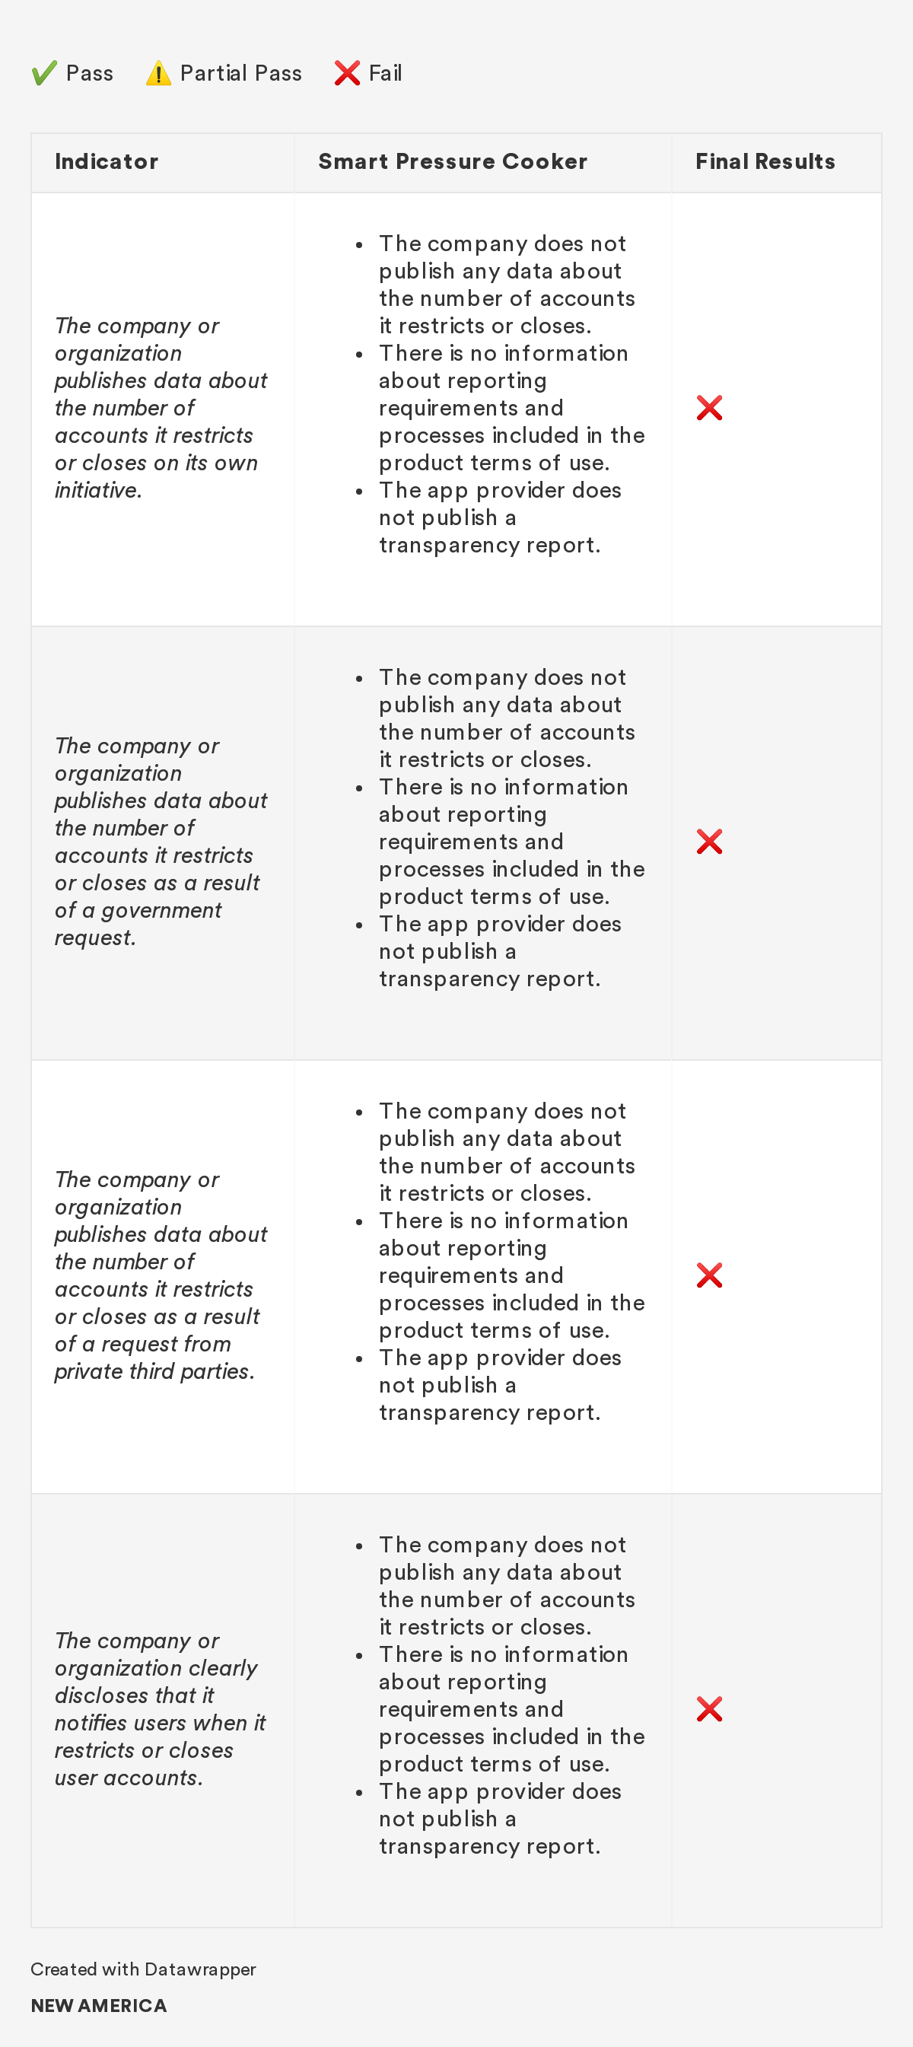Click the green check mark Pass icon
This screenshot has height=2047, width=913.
43,73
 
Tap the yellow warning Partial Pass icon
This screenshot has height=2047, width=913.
158,73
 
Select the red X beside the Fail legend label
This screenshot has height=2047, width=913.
346,73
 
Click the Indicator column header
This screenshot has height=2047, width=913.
107,161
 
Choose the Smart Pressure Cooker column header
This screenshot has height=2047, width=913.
452,161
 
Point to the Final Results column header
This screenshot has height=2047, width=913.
765,161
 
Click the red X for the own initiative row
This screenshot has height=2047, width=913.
709,408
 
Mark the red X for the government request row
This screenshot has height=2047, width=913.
709,842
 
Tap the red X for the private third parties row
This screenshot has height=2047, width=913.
709,1275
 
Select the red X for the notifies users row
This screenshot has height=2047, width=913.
709,1709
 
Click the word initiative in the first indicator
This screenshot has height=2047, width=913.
97,490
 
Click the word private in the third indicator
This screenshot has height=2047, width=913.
84,1371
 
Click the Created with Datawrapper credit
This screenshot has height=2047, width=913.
143,1969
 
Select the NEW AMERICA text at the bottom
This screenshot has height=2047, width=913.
99,2006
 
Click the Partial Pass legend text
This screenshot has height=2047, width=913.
240,73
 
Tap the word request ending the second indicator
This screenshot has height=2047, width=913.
94,938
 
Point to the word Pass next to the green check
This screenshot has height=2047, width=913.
89,73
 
